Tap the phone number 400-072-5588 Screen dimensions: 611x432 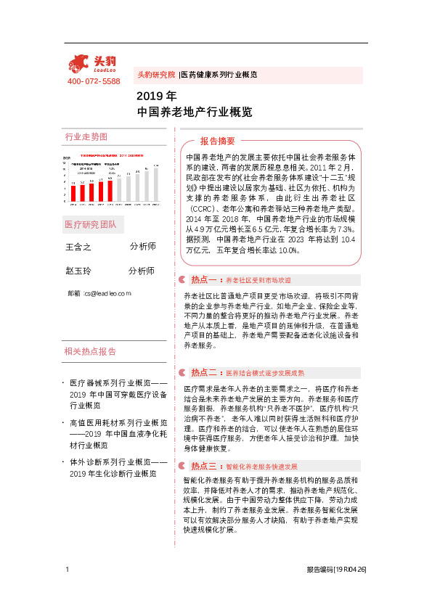(x=94, y=81)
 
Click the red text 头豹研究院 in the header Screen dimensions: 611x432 (x=156, y=75)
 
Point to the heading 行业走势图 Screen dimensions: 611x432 (x=86, y=137)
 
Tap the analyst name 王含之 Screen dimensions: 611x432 (x=79, y=247)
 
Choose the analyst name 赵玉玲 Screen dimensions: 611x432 (x=79, y=271)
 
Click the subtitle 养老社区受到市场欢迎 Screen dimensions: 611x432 (x=258, y=280)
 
